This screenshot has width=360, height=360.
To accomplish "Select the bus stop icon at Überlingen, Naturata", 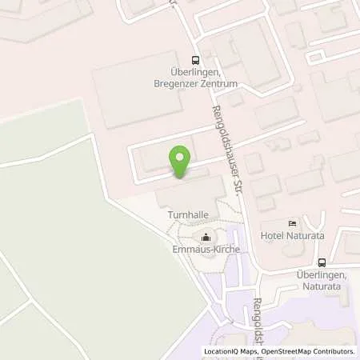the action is [322, 263].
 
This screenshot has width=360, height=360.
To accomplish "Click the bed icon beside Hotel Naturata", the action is [292, 222].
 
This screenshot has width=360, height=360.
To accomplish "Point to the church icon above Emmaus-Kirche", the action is [206, 237].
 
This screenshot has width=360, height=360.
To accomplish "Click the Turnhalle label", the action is [186, 215].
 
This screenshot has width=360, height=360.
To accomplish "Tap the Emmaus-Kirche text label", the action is [206, 250].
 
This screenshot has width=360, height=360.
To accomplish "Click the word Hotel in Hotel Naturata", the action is [273, 236].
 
